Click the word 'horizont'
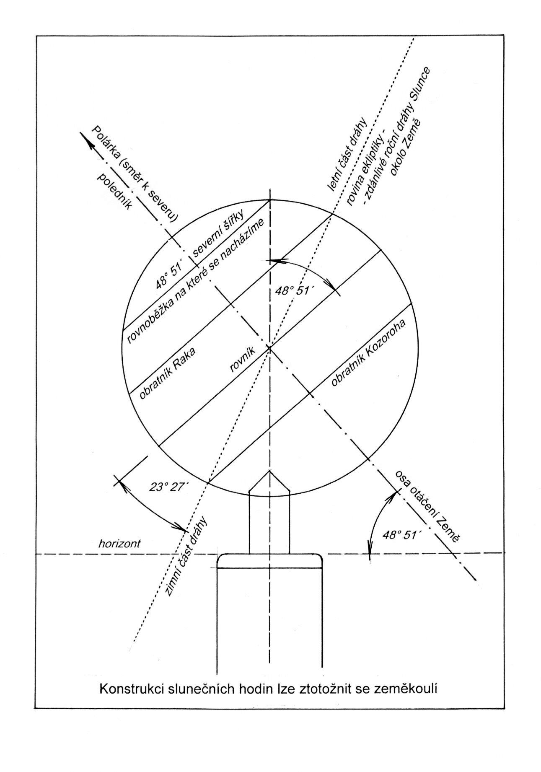(119, 544)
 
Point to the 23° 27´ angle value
(169, 487)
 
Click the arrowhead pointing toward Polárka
(86, 140)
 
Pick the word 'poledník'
(114, 191)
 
